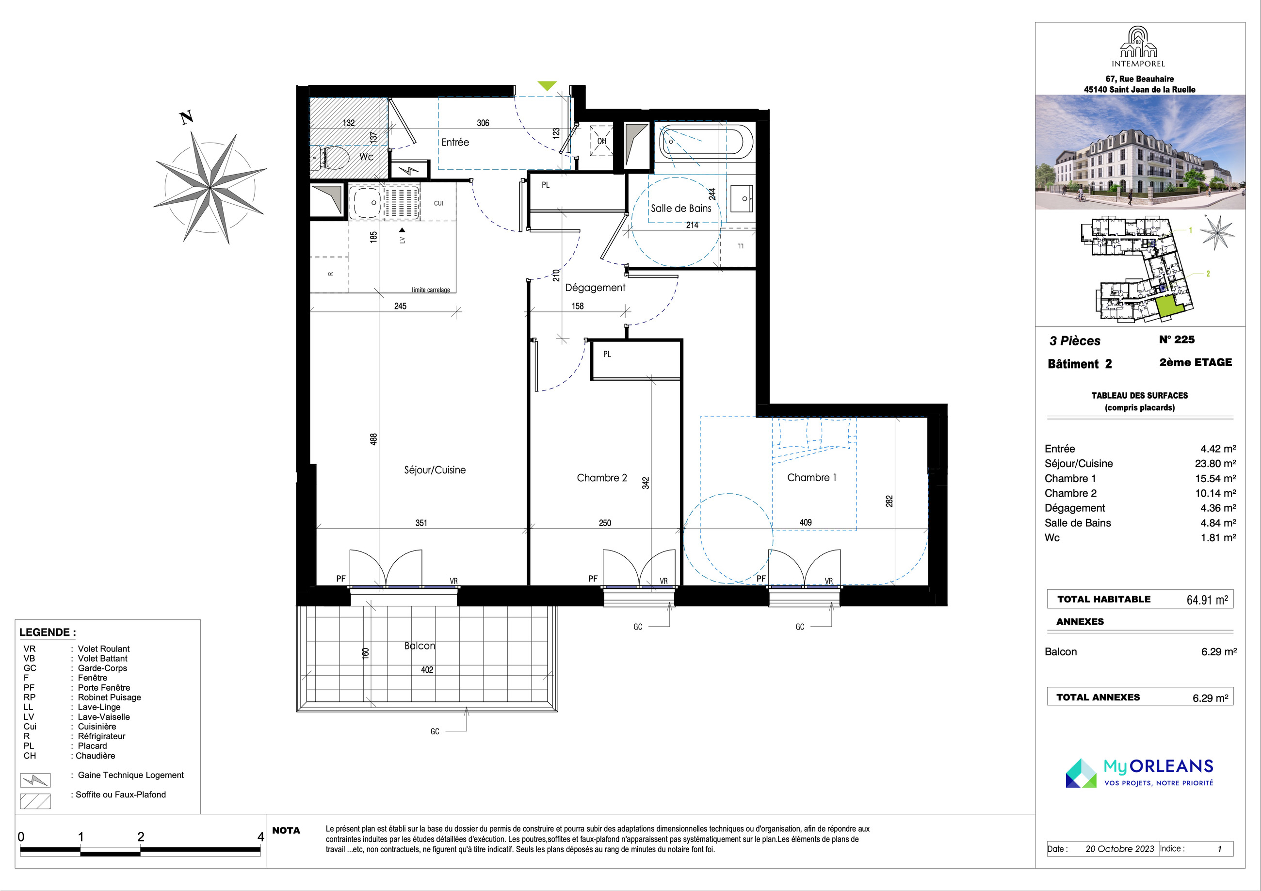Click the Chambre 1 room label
point(811,477)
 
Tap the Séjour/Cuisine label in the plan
point(435,470)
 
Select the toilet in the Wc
point(335,158)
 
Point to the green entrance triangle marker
point(547,85)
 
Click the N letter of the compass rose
point(187,117)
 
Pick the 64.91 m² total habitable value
point(1207,599)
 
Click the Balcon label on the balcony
point(420,646)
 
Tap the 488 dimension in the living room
point(373,439)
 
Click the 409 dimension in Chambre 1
point(805,522)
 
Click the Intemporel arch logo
point(1138,42)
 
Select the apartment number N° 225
point(1177,340)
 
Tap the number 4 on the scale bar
point(261,837)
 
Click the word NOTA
point(286,830)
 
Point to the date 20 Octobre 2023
point(1120,849)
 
